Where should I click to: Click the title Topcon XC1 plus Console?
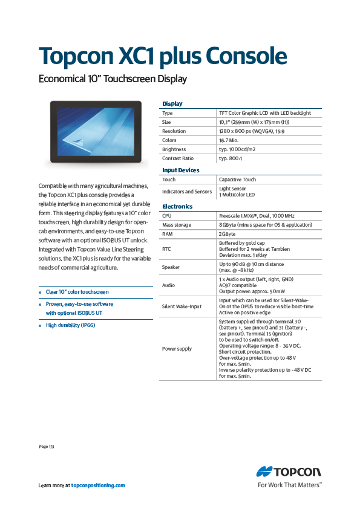[162, 56]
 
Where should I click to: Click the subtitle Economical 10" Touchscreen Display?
[113, 79]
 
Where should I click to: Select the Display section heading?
[172, 104]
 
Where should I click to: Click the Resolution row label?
[174, 131]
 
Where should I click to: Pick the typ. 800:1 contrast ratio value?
[231, 158]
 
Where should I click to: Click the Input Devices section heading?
[181, 170]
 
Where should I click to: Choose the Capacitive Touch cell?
[237, 180]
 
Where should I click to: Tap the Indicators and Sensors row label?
[187, 192]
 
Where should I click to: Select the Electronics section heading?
[177, 207]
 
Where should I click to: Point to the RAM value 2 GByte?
[227, 234]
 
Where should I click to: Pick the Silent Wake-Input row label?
[182, 306]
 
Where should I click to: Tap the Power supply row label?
[177, 349]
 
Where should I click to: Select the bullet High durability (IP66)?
[71, 325]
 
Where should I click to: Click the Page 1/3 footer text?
[47, 447]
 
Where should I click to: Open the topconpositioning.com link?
[98, 485]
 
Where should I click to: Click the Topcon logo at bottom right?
[289, 472]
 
